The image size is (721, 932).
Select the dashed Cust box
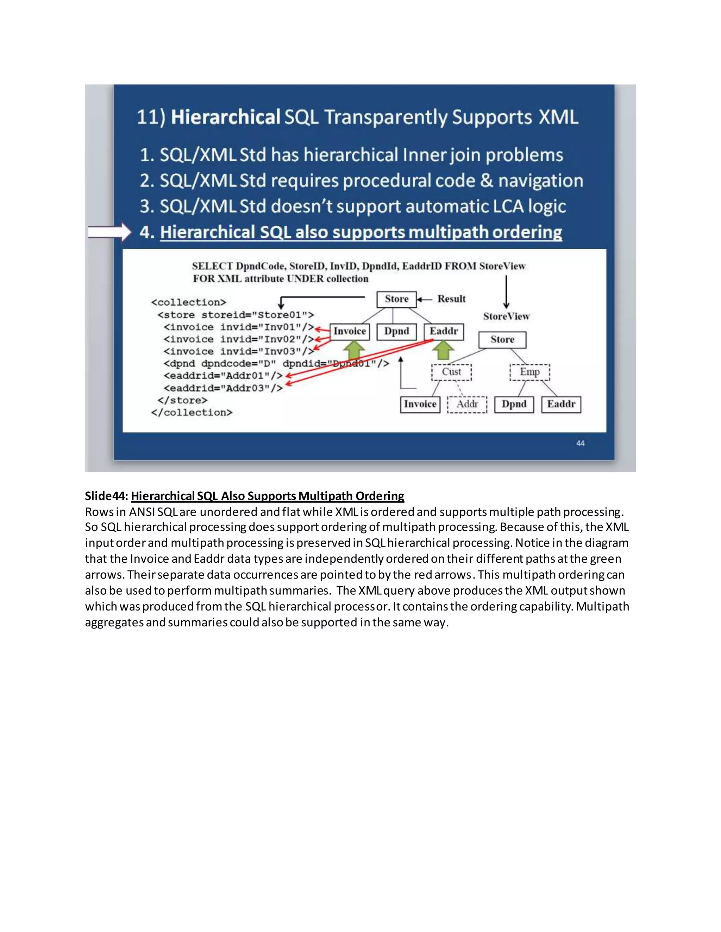point(451,372)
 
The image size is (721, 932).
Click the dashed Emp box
point(529,372)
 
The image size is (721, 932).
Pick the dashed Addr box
point(467,404)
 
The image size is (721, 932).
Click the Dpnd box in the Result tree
point(396,332)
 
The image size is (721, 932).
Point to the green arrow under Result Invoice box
point(354,350)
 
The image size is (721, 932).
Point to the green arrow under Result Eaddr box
point(443,350)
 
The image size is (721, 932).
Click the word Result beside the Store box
point(451,299)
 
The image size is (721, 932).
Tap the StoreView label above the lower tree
point(506,316)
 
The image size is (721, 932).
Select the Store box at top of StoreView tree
point(502,340)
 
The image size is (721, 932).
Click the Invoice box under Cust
point(420,404)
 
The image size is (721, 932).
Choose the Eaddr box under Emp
point(561,404)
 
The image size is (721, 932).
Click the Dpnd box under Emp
point(514,404)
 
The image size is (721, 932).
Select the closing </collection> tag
point(192,413)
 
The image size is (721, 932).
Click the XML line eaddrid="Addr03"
point(223,388)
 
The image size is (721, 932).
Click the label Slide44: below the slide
point(106,496)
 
